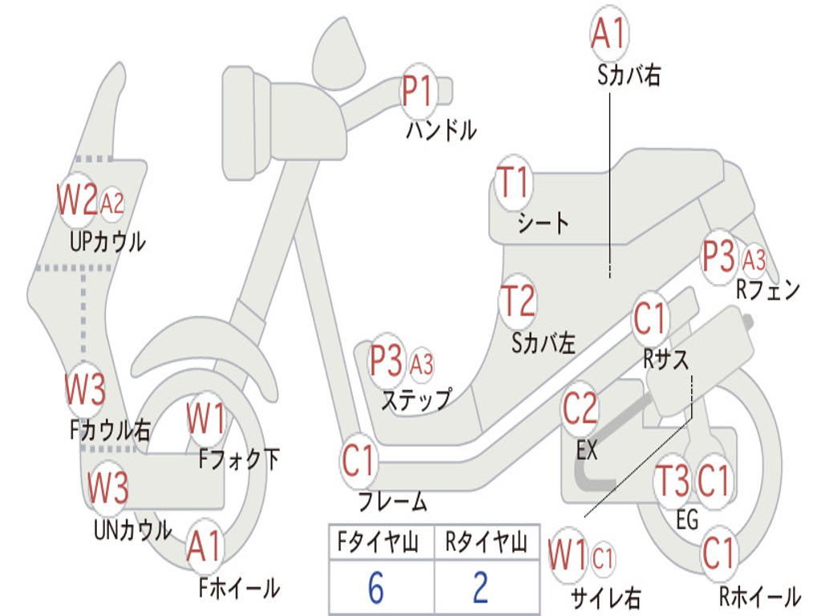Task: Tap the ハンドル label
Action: pos(441,129)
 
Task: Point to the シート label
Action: pos(543,222)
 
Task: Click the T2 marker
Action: pos(517,301)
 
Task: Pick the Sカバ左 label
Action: pos(544,343)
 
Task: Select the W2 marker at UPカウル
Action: pos(77,200)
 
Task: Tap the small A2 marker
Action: pos(112,204)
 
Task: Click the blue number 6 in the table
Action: pos(375,588)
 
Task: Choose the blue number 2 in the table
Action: pos(481,588)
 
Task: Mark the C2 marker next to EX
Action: pos(580,409)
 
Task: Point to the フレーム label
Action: pos(392,503)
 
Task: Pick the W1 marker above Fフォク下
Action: pos(206,419)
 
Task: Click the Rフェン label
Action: pos(768,290)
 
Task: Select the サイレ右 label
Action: pos(605,597)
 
